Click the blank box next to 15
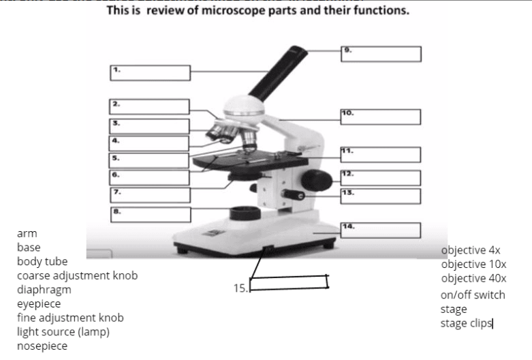coord(290,282)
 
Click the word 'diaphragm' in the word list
coord(44,290)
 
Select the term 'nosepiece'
coord(42,346)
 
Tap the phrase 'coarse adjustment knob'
coord(77,275)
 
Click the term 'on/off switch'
coord(473,295)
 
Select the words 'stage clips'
coord(466,322)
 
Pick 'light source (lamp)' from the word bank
coord(63,332)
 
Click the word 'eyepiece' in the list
coord(39,304)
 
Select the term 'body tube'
coord(42,261)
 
